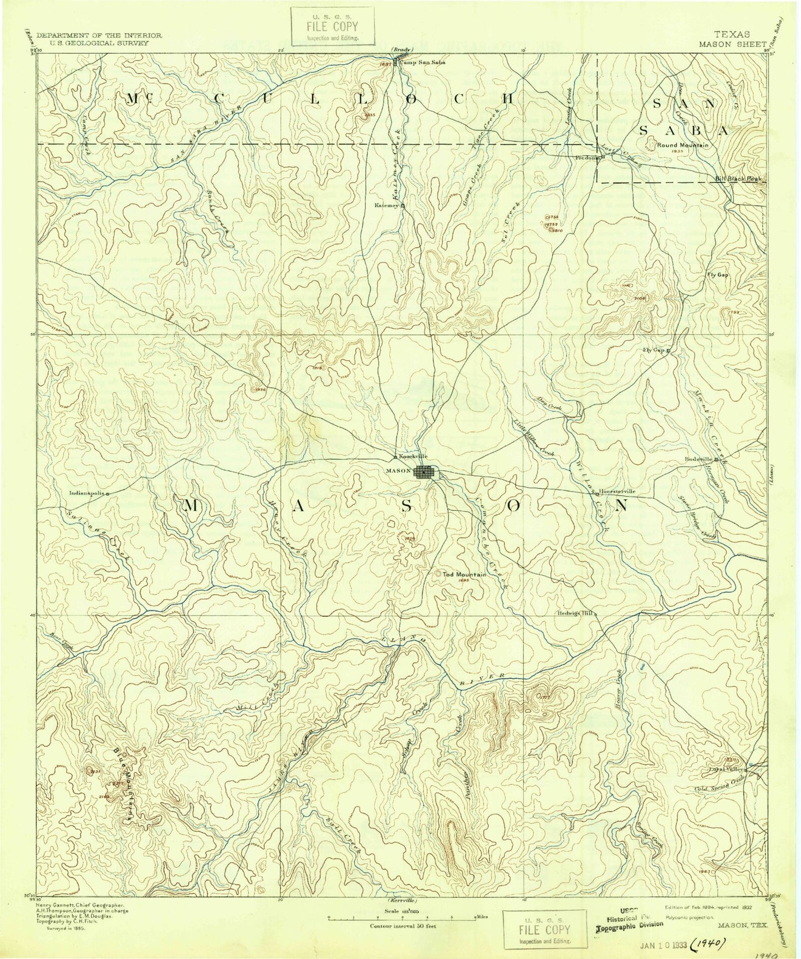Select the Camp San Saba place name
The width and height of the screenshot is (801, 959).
tap(423, 62)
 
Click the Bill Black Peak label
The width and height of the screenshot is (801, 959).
tap(738, 179)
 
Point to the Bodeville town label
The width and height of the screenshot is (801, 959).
tap(698, 459)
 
